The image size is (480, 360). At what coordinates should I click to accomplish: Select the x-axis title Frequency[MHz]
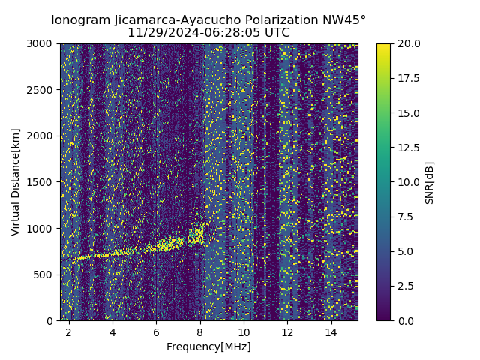pos(208,346)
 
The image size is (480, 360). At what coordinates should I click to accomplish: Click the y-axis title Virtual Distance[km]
pos(16,181)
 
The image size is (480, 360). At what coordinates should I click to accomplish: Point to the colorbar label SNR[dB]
pos(430,182)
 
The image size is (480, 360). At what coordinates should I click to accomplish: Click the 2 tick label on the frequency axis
pos(68,331)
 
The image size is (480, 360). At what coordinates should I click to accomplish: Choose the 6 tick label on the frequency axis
pos(156,331)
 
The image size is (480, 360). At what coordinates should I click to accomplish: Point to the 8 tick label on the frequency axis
pos(200,331)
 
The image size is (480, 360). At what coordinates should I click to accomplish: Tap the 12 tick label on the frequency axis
pos(288,331)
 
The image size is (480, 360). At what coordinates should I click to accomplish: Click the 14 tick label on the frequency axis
pos(331,331)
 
